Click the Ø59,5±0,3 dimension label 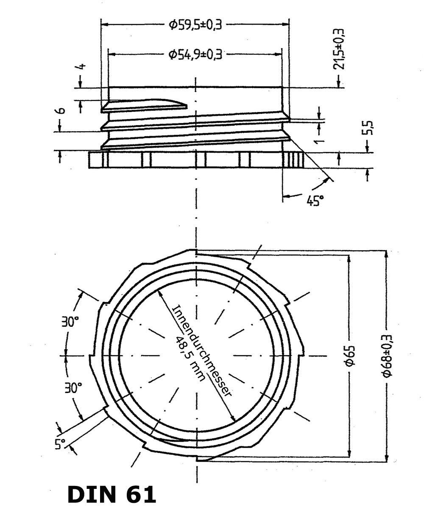pyautogui.click(x=195, y=25)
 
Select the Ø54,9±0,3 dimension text pyautogui.click(x=195, y=54)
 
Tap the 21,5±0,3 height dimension pyautogui.click(x=338, y=48)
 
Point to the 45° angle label pyautogui.click(x=315, y=199)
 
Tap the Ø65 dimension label pyautogui.click(x=349, y=356)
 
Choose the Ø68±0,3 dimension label pyautogui.click(x=386, y=356)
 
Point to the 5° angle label pyautogui.click(x=60, y=444)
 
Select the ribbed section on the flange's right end pyautogui.click(x=296, y=160)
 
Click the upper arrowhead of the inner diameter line pyautogui.click(x=159, y=292)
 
